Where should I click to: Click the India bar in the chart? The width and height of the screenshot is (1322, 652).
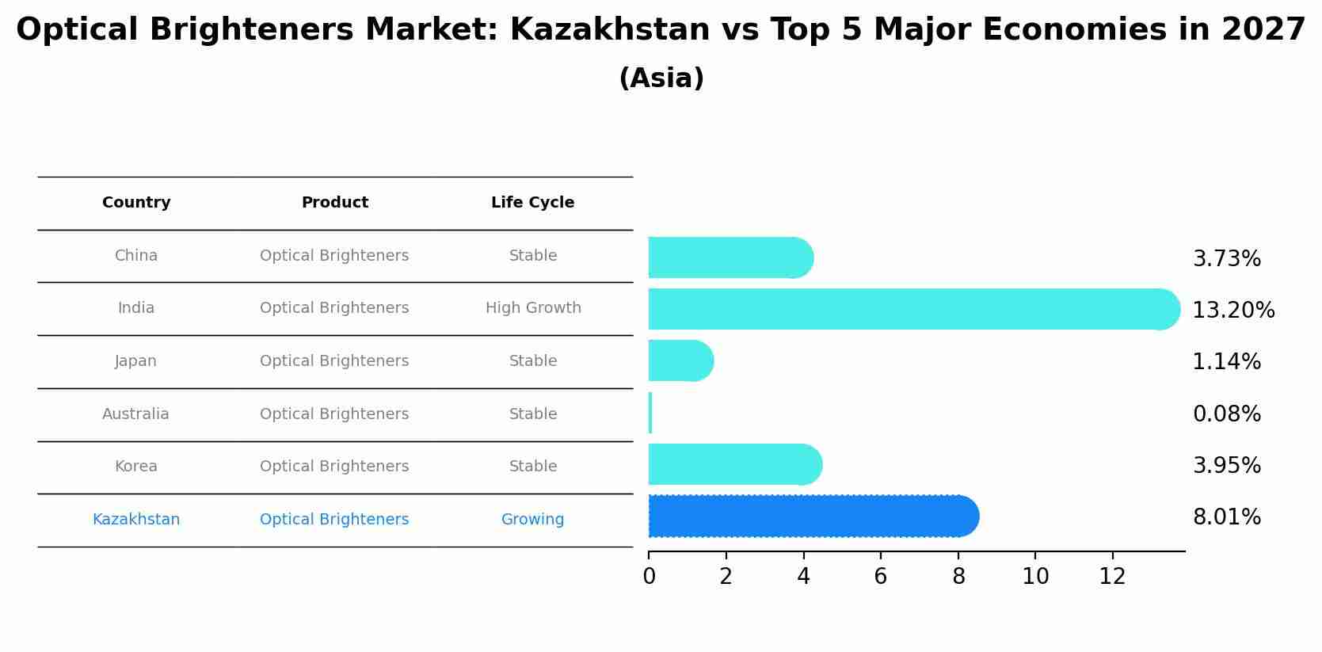911,309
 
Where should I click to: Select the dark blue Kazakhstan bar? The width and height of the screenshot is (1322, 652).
812,517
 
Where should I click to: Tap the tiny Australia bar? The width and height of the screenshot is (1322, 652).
650,413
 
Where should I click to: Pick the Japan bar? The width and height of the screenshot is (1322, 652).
680,360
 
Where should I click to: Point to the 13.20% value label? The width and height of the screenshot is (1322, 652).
1233,311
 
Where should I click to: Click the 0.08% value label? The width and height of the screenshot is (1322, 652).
1226,414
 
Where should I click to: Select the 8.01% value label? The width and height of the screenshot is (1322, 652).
1226,517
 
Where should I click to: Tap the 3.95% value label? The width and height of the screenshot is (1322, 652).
1226,466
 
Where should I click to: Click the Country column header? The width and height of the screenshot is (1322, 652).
136,203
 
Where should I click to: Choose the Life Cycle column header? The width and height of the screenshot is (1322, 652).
532,203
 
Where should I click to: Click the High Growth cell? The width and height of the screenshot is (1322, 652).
533,308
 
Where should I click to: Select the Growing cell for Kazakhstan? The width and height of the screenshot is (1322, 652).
532,520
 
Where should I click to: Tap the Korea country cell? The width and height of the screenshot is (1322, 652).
136,467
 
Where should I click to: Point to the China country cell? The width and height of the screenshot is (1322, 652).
136,256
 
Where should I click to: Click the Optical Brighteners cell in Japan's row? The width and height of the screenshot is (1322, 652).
334,361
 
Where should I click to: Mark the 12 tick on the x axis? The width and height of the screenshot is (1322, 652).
1112,577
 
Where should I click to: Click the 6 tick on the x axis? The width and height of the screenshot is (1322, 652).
880,577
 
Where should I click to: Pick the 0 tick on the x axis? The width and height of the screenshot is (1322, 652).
649,577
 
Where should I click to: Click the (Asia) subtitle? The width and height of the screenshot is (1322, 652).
661,78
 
